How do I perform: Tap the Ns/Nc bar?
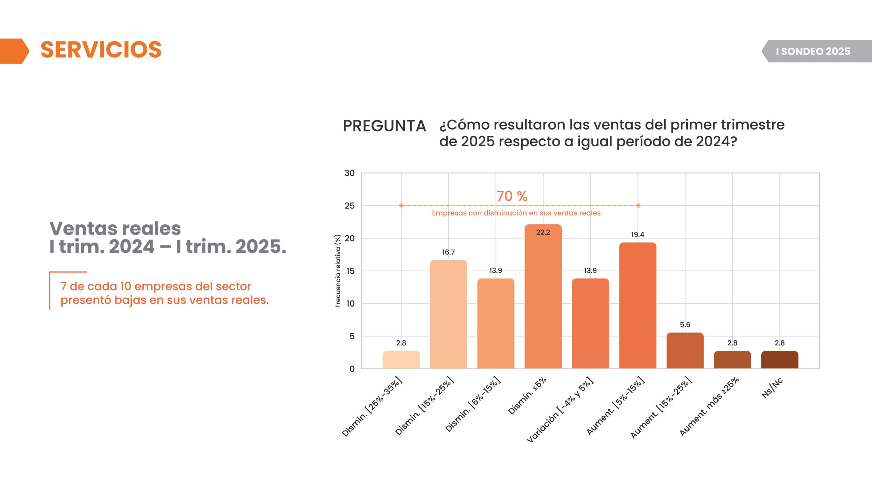click(x=779, y=360)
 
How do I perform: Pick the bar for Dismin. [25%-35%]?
click(x=401, y=360)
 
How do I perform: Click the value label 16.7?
click(x=448, y=252)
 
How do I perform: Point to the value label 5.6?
click(x=685, y=325)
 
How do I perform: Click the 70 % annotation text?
click(x=512, y=196)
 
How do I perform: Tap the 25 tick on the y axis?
click(x=349, y=206)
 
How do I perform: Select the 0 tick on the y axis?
click(x=352, y=369)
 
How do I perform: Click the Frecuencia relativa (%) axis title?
click(x=338, y=271)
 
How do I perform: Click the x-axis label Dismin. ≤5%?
click(x=527, y=396)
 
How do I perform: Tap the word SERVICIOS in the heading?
click(x=101, y=50)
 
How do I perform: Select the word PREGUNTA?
click(x=384, y=126)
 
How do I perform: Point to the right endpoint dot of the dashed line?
click(x=638, y=206)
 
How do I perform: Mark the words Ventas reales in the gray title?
click(x=115, y=228)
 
